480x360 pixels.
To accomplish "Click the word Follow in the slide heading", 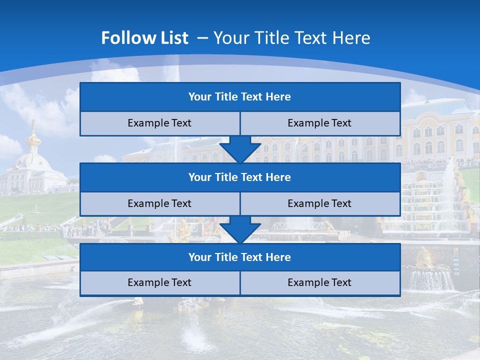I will tap(124, 38).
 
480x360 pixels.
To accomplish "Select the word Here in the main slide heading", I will tap(353, 38).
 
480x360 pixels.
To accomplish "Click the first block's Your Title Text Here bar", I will tap(240, 97).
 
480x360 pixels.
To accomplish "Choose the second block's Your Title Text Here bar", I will tap(240, 177).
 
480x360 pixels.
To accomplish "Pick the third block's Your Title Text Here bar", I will tap(240, 257).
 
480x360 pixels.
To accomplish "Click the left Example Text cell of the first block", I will tap(159, 123).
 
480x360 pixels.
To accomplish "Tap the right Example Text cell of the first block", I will tap(320, 123).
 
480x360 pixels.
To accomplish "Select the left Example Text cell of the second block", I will tap(159, 203).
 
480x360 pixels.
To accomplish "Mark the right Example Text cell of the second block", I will tap(320, 203).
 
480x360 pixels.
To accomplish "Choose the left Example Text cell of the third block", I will tap(159, 283).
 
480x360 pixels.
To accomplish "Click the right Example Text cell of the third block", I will tap(320, 283).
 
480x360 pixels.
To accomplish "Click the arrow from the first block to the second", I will tap(240, 149).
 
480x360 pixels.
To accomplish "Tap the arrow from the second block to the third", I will tap(240, 229).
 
